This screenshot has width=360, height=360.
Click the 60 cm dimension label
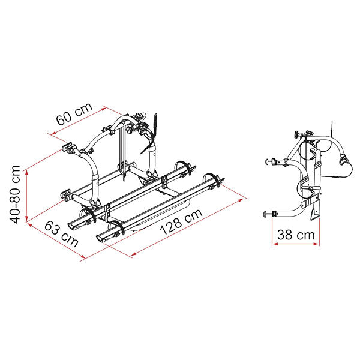pos(74,113)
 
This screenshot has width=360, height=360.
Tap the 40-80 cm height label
pos(15,194)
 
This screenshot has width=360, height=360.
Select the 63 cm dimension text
pos(61,233)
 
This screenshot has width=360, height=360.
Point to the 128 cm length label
pos(181,221)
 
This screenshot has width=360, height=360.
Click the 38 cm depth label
pos(296,235)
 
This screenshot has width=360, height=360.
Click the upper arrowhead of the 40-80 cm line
pos(26,172)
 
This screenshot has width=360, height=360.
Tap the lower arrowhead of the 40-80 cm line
pos(26,218)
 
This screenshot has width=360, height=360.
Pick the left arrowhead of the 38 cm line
pos(275,244)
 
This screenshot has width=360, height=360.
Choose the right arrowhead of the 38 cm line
pos(316,244)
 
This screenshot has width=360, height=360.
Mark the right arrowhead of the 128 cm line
pos(241,200)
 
